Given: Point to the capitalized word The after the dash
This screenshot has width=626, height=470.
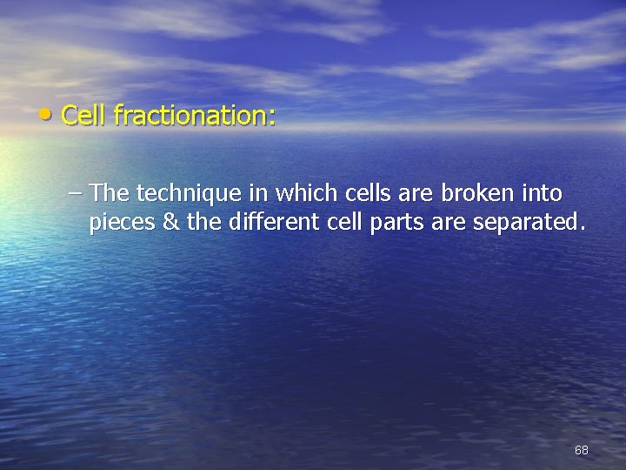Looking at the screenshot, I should pyautogui.click(x=109, y=191).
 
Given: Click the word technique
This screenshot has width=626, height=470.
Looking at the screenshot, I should pyautogui.click(x=178, y=192).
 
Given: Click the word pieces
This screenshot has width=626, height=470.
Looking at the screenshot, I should pyautogui.click(x=122, y=224).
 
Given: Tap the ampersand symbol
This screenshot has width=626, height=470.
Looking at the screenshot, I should pyautogui.click(x=171, y=223).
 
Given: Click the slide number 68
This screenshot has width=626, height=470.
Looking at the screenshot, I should pyautogui.click(x=581, y=450).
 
